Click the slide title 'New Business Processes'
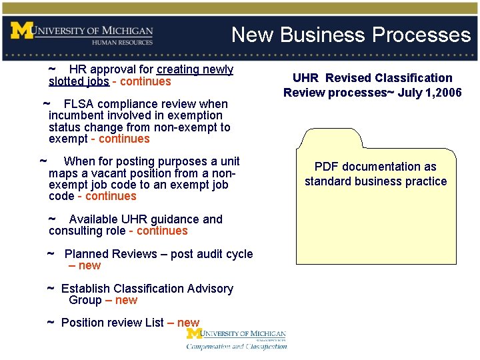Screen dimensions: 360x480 [x=351, y=35]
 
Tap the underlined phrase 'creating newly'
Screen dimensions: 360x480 [x=195, y=69]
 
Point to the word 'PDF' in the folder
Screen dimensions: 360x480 [x=327, y=167]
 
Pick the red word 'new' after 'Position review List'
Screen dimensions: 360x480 [x=188, y=323]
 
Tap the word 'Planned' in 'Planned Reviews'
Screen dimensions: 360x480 [x=86, y=254]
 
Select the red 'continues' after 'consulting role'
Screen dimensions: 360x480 [x=162, y=231]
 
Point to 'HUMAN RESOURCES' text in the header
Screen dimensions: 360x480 [x=122, y=42]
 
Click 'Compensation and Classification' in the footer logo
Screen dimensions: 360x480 [x=237, y=346]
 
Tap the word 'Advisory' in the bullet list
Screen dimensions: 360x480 [x=211, y=289]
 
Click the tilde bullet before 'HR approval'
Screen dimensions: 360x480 [x=52, y=69]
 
